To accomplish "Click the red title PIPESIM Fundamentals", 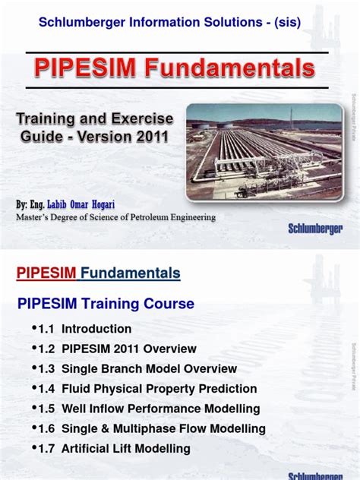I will click(175, 69).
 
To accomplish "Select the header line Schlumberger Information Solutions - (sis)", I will click(169, 23).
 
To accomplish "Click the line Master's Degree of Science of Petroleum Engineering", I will click(116, 217).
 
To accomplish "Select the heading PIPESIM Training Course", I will click(106, 304).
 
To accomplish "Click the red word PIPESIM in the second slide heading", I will click(47, 273).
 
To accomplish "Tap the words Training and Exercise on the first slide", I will click(95, 119).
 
